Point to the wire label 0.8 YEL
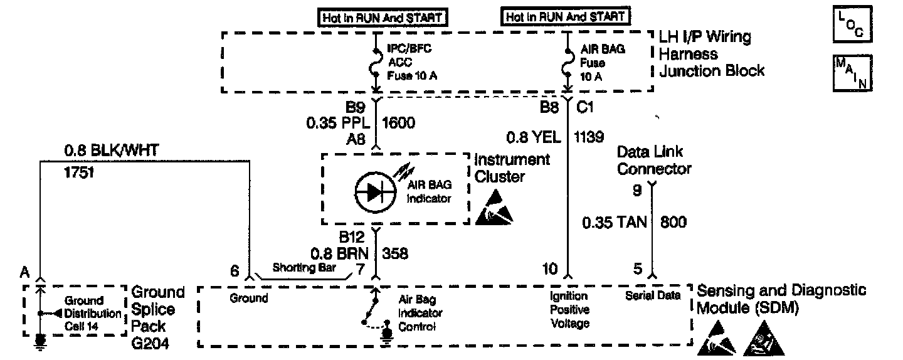click(x=534, y=136)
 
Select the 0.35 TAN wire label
click(x=614, y=221)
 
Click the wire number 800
click(x=673, y=221)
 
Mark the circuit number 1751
click(x=78, y=171)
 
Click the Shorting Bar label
click(x=304, y=267)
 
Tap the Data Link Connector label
click(x=654, y=160)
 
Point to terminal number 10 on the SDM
click(x=550, y=269)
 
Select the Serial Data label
click(x=652, y=295)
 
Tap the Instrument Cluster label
click(x=512, y=167)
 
